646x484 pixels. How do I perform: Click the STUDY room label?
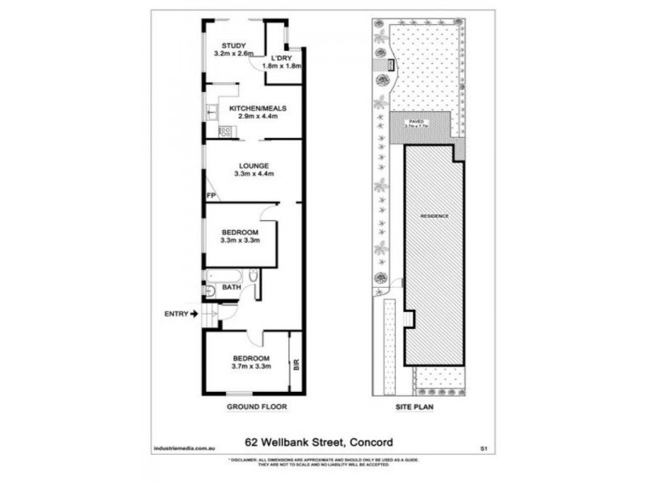pos(234,45)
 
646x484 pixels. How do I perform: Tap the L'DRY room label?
pos(281,58)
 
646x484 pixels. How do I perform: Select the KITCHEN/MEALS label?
pos(258,108)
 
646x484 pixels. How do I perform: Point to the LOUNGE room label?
pos(253,166)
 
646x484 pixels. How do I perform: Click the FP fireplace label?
pos(211,196)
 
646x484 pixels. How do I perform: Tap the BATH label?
pos(232,287)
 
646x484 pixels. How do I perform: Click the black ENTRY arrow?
pos(194,314)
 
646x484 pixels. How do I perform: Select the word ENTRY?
pos(175,314)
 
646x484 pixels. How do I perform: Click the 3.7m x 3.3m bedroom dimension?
pos(251,366)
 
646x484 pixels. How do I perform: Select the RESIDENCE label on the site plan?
pos(434,217)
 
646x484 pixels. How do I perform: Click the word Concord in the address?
pos(371,441)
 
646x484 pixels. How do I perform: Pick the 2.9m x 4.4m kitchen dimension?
pos(258,116)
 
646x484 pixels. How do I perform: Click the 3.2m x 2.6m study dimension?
pos(234,53)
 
